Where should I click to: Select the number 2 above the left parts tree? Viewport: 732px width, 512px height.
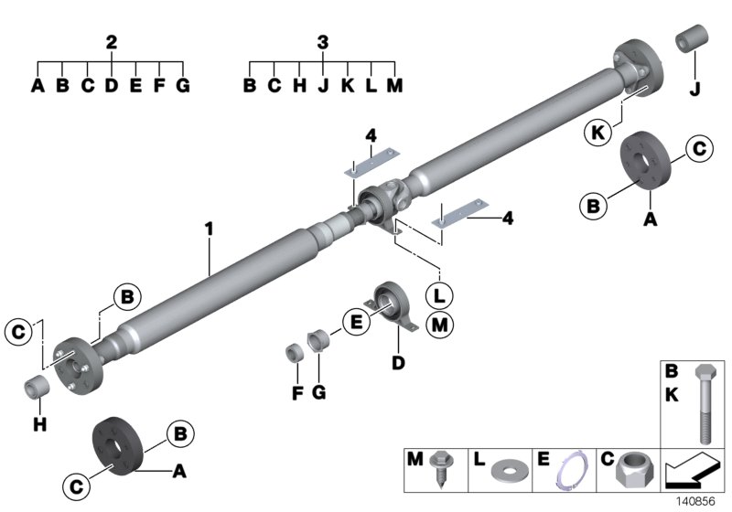click(111, 42)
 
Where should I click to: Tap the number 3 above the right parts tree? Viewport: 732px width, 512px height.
click(322, 42)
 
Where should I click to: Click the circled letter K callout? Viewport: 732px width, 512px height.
click(597, 133)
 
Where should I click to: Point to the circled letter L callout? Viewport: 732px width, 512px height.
click(440, 296)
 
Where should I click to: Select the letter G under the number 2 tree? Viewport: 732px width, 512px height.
click(183, 87)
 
